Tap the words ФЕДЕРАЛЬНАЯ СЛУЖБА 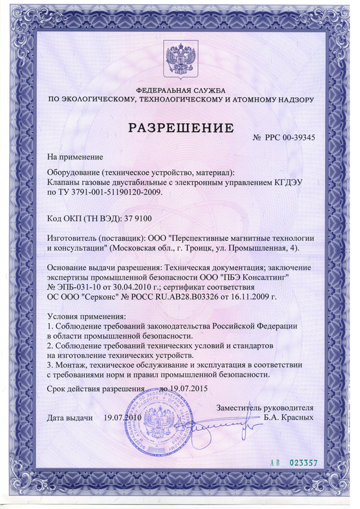[x=180, y=91]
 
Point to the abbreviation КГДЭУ [x=289, y=182]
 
